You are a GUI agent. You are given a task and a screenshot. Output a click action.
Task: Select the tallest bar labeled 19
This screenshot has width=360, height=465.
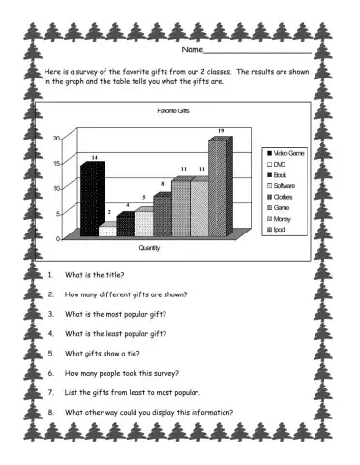(x=219, y=189)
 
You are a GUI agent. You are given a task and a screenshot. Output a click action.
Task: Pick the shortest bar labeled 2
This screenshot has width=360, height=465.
(x=107, y=230)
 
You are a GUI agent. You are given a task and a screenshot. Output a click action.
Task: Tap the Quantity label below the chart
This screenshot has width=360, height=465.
(x=150, y=249)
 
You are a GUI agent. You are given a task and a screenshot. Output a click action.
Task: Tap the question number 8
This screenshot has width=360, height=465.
(x=50, y=413)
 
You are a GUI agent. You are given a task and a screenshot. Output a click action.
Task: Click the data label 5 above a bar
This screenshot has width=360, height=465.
(x=143, y=197)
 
